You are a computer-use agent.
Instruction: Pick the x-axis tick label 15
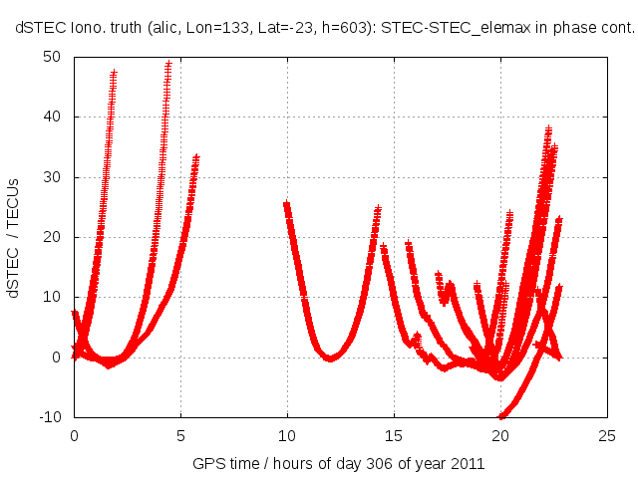tap(394, 435)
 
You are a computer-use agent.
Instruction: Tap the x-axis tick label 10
tap(287, 435)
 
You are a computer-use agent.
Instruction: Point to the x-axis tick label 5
tap(180, 435)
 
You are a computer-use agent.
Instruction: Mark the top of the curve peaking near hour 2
tap(114, 73)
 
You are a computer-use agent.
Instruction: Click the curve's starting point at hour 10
tap(287, 205)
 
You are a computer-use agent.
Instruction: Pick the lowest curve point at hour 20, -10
tap(501, 415)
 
